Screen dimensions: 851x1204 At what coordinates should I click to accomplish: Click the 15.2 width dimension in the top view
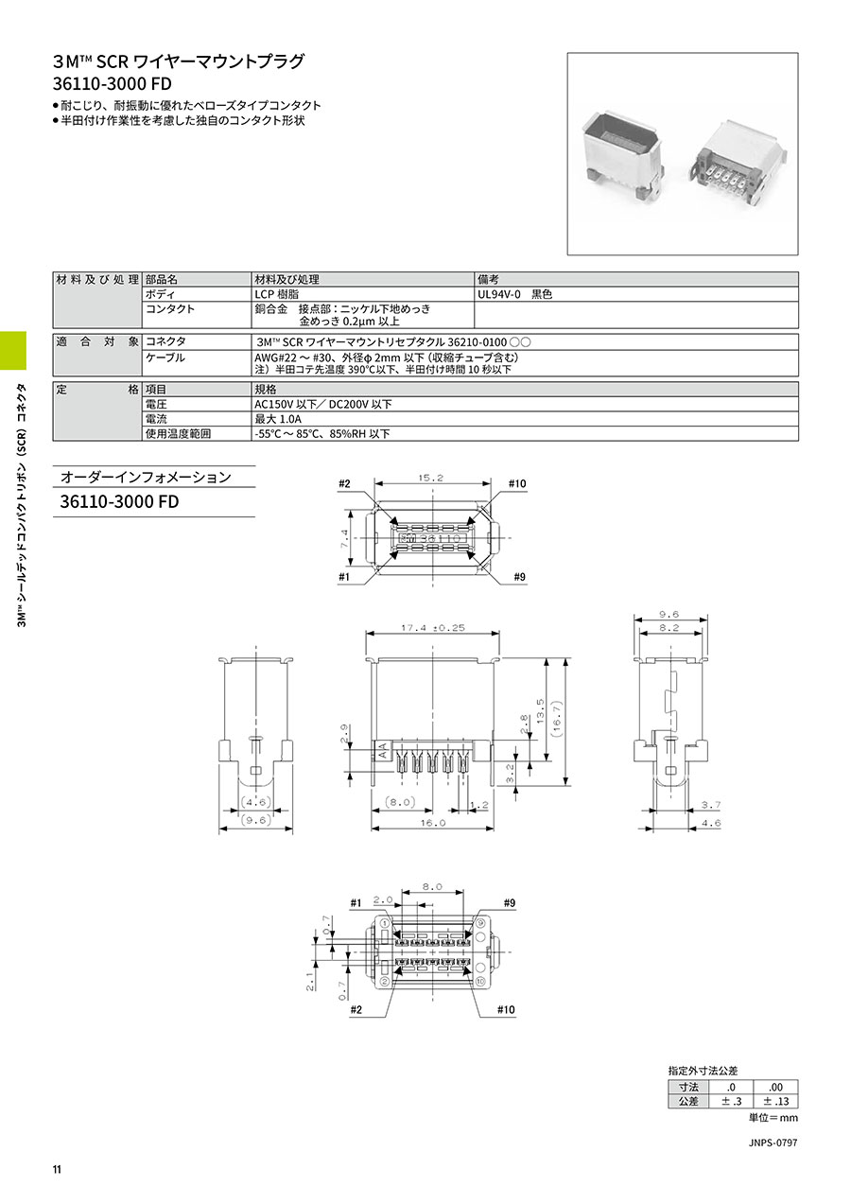click(x=431, y=478)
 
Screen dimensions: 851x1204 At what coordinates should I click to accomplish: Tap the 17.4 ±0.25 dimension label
click(x=433, y=627)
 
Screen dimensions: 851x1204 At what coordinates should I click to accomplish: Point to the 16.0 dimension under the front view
click(x=433, y=823)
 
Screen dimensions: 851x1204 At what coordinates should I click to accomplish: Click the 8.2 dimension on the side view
click(x=669, y=627)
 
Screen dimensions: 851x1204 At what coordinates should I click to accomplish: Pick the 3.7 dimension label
click(x=711, y=805)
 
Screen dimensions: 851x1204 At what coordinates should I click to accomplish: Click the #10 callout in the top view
click(x=517, y=483)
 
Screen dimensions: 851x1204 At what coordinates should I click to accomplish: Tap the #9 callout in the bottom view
click(x=510, y=903)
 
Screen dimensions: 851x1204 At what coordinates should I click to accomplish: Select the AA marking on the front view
click(x=383, y=750)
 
